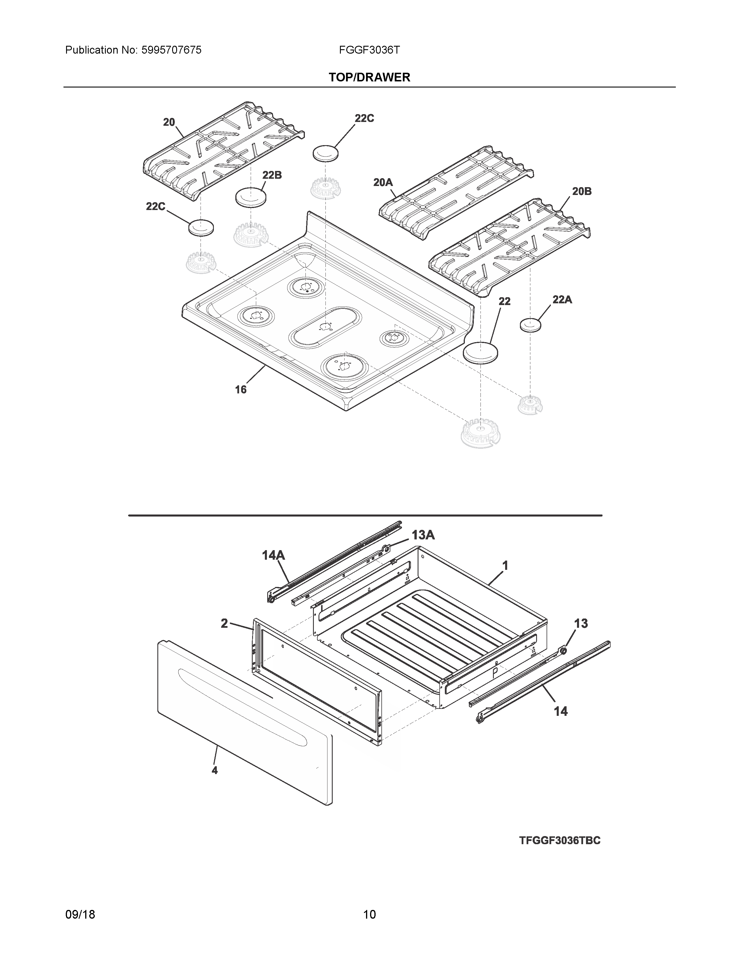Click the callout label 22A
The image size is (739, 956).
pos(562,300)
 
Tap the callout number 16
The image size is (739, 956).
pos(241,389)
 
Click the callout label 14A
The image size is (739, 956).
pos(273,555)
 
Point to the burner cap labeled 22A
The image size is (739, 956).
pos(530,325)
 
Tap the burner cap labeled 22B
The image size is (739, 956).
pos(251,196)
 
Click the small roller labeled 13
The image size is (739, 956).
pos(563,651)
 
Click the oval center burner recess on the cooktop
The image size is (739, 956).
pos(325,327)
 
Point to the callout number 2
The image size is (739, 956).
pos(224,623)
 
